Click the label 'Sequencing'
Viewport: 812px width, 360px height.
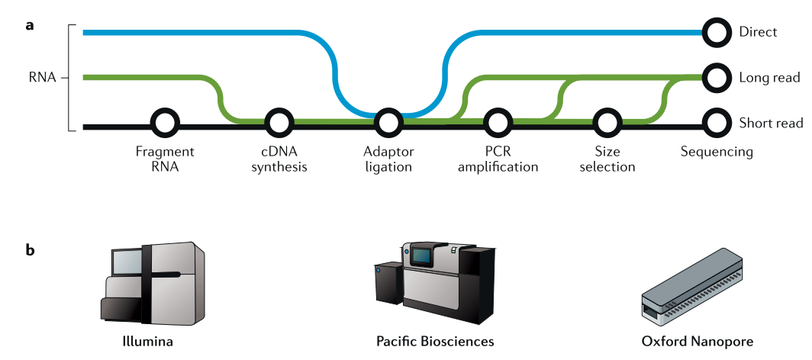point(717,153)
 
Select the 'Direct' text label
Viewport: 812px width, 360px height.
point(758,32)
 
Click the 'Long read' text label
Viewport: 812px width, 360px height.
point(770,78)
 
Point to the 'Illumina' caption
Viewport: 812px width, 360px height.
point(148,342)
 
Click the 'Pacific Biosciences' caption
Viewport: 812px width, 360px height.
point(435,342)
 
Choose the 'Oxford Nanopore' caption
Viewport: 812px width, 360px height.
point(697,342)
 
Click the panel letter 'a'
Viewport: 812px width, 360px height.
point(30,25)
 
